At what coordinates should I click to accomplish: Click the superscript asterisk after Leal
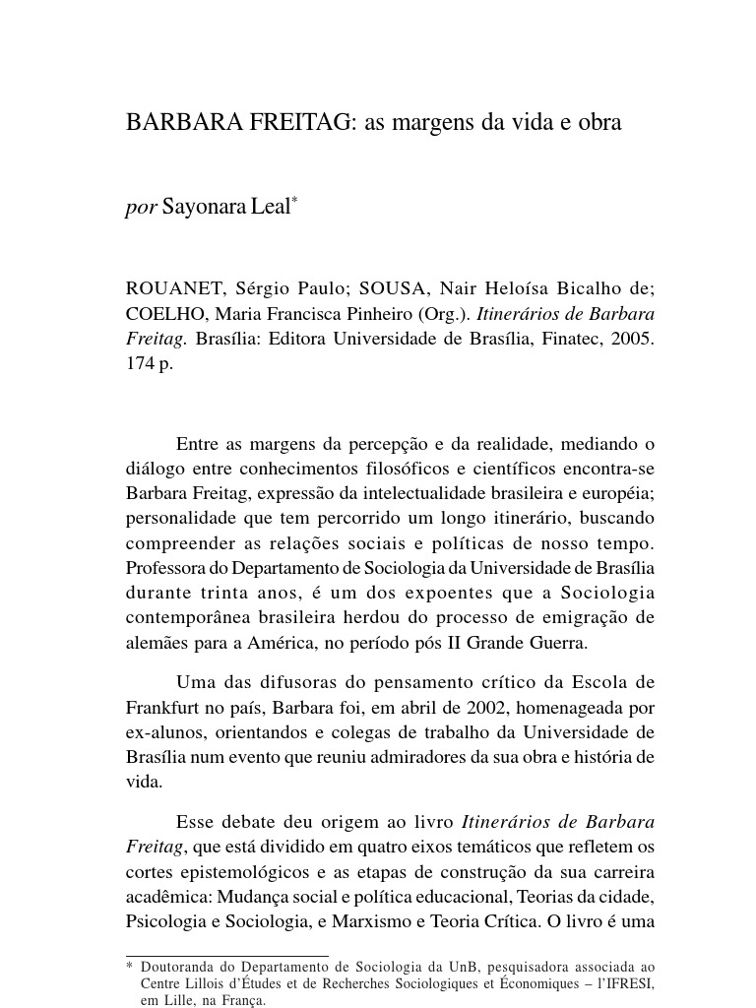point(293,201)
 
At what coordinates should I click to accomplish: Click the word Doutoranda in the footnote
point(177,966)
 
